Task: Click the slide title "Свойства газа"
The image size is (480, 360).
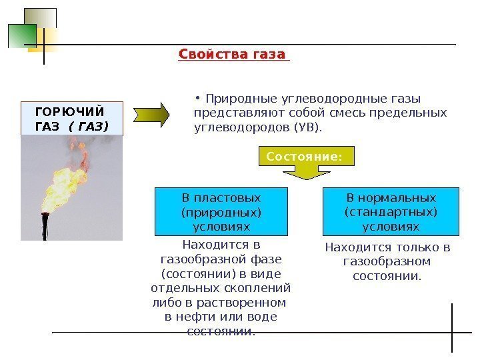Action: click(x=233, y=54)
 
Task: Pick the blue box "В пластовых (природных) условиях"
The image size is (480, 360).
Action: click(x=221, y=212)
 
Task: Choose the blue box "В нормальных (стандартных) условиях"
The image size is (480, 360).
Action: click(x=391, y=212)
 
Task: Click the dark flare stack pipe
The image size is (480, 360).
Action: click(x=45, y=227)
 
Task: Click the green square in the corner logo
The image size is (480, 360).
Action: click(x=21, y=35)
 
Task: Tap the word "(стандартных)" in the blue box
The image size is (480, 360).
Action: click(x=391, y=212)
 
